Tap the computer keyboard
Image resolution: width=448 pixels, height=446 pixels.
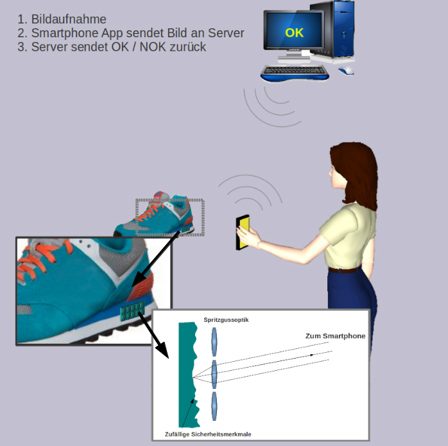(x=295, y=73)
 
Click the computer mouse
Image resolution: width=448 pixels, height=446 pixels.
(x=347, y=70)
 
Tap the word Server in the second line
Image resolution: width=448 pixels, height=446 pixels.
(x=226, y=33)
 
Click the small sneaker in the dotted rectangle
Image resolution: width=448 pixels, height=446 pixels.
(x=160, y=217)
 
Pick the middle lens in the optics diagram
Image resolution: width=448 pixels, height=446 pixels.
(x=214, y=372)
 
